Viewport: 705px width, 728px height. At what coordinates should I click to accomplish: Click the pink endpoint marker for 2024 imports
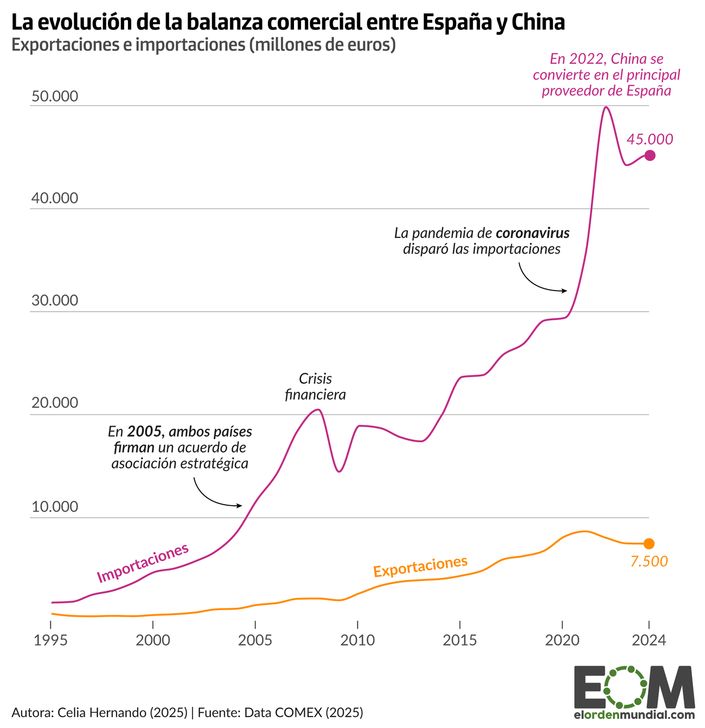click(650, 156)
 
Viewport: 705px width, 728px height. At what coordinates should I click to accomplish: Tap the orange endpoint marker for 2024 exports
click(649, 544)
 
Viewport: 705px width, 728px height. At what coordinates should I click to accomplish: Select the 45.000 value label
click(650, 139)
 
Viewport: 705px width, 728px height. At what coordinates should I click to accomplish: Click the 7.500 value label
click(649, 562)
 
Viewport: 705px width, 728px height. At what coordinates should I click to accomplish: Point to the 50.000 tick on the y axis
click(55, 96)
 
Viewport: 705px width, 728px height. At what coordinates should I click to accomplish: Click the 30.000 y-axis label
click(55, 300)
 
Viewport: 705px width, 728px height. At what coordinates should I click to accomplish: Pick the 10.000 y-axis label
click(55, 507)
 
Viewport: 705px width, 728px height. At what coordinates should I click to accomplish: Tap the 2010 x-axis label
click(357, 640)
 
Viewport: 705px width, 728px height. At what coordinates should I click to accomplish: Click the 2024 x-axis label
click(649, 640)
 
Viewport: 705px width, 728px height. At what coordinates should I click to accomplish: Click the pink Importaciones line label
click(143, 562)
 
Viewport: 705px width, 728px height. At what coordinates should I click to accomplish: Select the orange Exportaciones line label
click(420, 566)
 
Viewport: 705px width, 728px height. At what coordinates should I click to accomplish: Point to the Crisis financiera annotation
click(315, 386)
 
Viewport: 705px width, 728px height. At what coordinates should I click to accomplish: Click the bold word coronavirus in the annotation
click(532, 234)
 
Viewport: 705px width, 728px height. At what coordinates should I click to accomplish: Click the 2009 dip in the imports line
click(339, 471)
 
